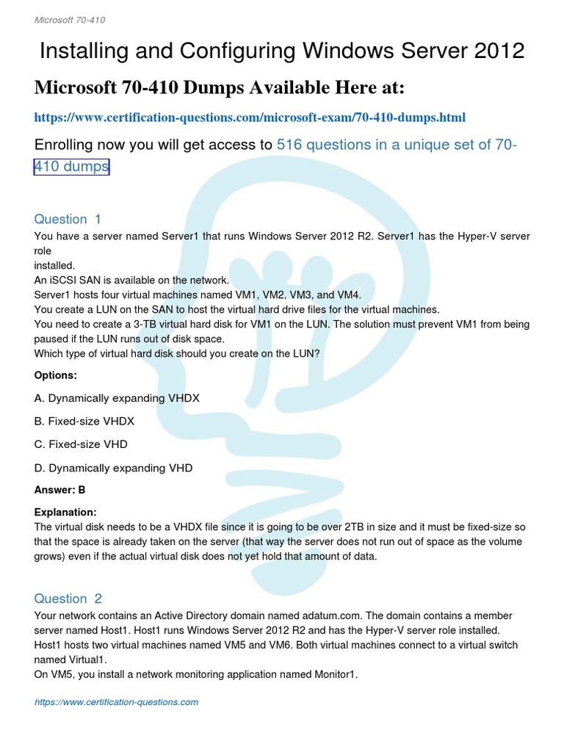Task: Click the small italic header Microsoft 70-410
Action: click(x=70, y=20)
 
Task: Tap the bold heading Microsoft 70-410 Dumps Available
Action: click(x=220, y=88)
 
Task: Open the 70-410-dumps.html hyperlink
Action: click(x=250, y=117)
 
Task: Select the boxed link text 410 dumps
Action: click(x=71, y=167)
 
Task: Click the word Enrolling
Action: click(x=70, y=145)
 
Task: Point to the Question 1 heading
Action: click(x=68, y=219)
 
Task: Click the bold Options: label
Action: click(x=56, y=375)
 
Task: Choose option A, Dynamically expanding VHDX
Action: click(x=117, y=398)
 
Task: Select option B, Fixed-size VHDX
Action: click(x=84, y=422)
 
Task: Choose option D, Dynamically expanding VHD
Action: click(x=113, y=468)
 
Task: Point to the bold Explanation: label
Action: click(x=65, y=512)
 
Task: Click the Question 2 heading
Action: click(x=68, y=599)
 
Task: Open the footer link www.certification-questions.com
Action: click(x=117, y=702)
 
